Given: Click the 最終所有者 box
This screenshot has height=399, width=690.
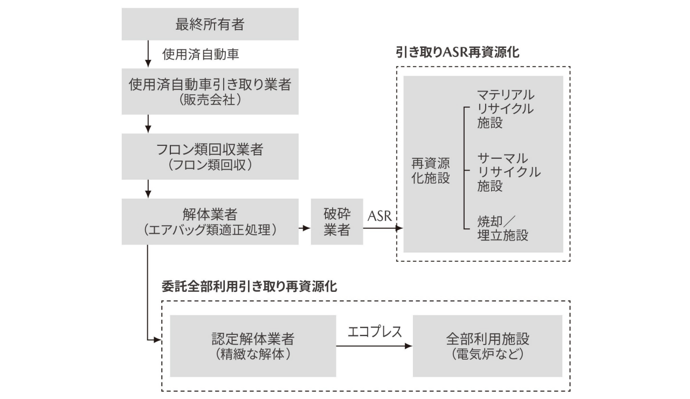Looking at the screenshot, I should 210,24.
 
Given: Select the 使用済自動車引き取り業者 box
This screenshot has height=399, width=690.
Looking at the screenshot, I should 210,91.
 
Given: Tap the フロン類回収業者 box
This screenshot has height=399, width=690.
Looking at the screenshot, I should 210,157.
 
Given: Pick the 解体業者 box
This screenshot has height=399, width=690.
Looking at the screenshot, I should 210,222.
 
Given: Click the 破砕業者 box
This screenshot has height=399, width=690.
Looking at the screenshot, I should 337,222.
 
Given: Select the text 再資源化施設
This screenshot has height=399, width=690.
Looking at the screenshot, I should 430,171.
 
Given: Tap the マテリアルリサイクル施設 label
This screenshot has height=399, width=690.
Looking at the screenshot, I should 506,108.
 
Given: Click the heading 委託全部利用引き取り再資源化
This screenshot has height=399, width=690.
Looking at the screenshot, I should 250,286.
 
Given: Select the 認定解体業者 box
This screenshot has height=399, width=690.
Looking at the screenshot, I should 253,346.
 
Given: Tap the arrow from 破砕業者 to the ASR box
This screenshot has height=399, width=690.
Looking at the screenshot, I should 383,228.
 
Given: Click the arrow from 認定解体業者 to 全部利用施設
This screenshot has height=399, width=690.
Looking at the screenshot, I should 374,346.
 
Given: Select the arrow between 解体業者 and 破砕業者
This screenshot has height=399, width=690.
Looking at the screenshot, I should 305,228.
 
